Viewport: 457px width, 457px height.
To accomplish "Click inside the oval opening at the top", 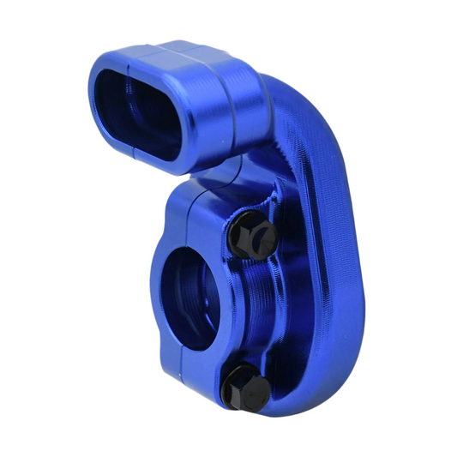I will [x=141, y=112].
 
